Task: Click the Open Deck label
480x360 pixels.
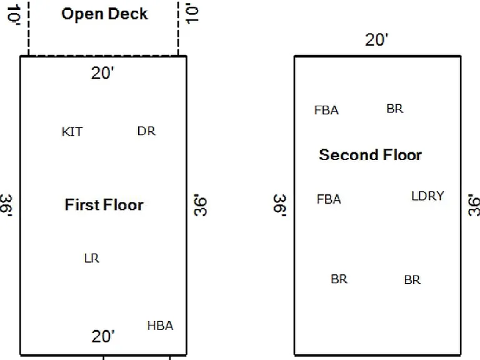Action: pyautogui.click(x=105, y=14)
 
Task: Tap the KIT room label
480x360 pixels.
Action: pyautogui.click(x=72, y=132)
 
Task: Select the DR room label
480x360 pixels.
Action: pyautogui.click(x=146, y=131)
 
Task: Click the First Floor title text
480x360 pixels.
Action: pyautogui.click(x=104, y=205)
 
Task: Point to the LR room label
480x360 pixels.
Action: pyautogui.click(x=92, y=258)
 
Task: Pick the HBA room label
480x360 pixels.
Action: pyautogui.click(x=161, y=326)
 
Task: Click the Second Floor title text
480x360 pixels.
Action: pyautogui.click(x=371, y=155)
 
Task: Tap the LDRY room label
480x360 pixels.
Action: pyautogui.click(x=427, y=196)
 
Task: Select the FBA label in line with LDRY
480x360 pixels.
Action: pyautogui.click(x=329, y=199)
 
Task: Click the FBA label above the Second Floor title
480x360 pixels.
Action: pyautogui.click(x=326, y=110)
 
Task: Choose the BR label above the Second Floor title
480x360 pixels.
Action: pyautogui.click(x=395, y=109)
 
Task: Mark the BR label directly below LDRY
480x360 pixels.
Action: pyautogui.click(x=412, y=280)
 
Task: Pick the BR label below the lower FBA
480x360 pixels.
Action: pyautogui.click(x=339, y=279)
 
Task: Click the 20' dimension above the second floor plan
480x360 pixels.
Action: pyautogui.click(x=376, y=40)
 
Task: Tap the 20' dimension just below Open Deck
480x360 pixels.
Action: pyautogui.click(x=102, y=74)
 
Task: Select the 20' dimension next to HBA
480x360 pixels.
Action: pyautogui.click(x=103, y=336)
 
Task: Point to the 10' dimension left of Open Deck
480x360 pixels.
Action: pyautogui.click(x=14, y=14)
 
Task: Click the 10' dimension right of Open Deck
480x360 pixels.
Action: pyautogui.click(x=192, y=14)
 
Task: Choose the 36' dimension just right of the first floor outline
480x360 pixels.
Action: pyautogui.click(x=201, y=205)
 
